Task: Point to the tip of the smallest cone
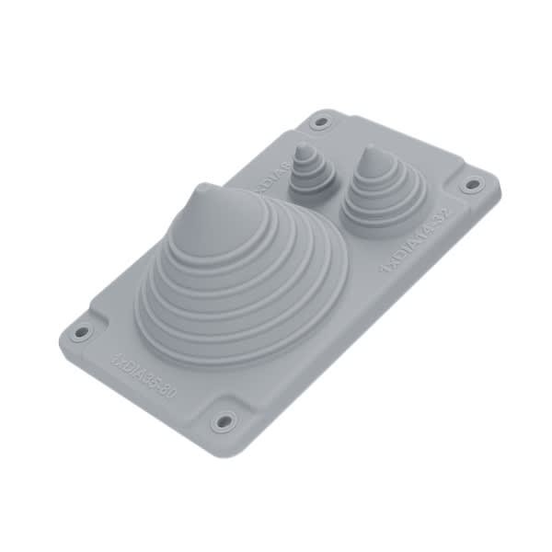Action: (x=303, y=149)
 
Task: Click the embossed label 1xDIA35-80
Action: (x=144, y=374)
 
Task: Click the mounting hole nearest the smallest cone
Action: (x=320, y=121)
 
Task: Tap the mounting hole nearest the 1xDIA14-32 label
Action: (x=472, y=184)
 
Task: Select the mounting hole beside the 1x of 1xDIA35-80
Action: (x=81, y=332)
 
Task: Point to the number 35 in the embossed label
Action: (x=148, y=377)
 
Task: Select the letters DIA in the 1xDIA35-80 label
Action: (x=132, y=365)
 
